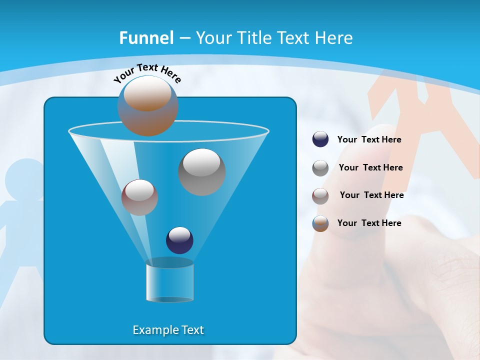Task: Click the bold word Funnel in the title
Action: (146, 38)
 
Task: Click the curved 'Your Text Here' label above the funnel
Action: (147, 73)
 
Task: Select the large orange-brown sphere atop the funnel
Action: (148, 106)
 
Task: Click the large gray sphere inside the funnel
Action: (201, 172)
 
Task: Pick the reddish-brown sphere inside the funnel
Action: (139, 197)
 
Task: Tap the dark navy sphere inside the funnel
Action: (179, 240)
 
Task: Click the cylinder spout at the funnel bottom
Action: (169, 281)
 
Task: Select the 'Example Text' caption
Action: (168, 330)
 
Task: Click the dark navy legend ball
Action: (320, 139)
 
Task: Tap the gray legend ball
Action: (320, 168)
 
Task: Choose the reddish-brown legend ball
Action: (320, 195)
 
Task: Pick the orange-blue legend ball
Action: (320, 223)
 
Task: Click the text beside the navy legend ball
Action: (369, 140)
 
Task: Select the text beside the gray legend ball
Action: (370, 168)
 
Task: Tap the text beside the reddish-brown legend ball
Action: (371, 195)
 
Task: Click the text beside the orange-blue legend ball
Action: (369, 223)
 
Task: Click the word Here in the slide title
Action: (334, 38)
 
